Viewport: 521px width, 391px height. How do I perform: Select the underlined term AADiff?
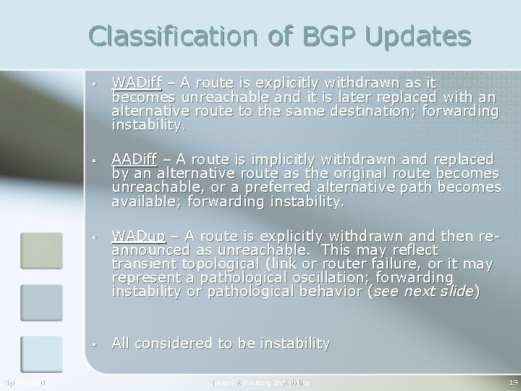[x=135, y=159]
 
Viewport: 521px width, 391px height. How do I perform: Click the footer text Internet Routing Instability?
[x=260, y=382]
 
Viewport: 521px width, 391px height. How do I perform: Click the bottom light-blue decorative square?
[x=41, y=355]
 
